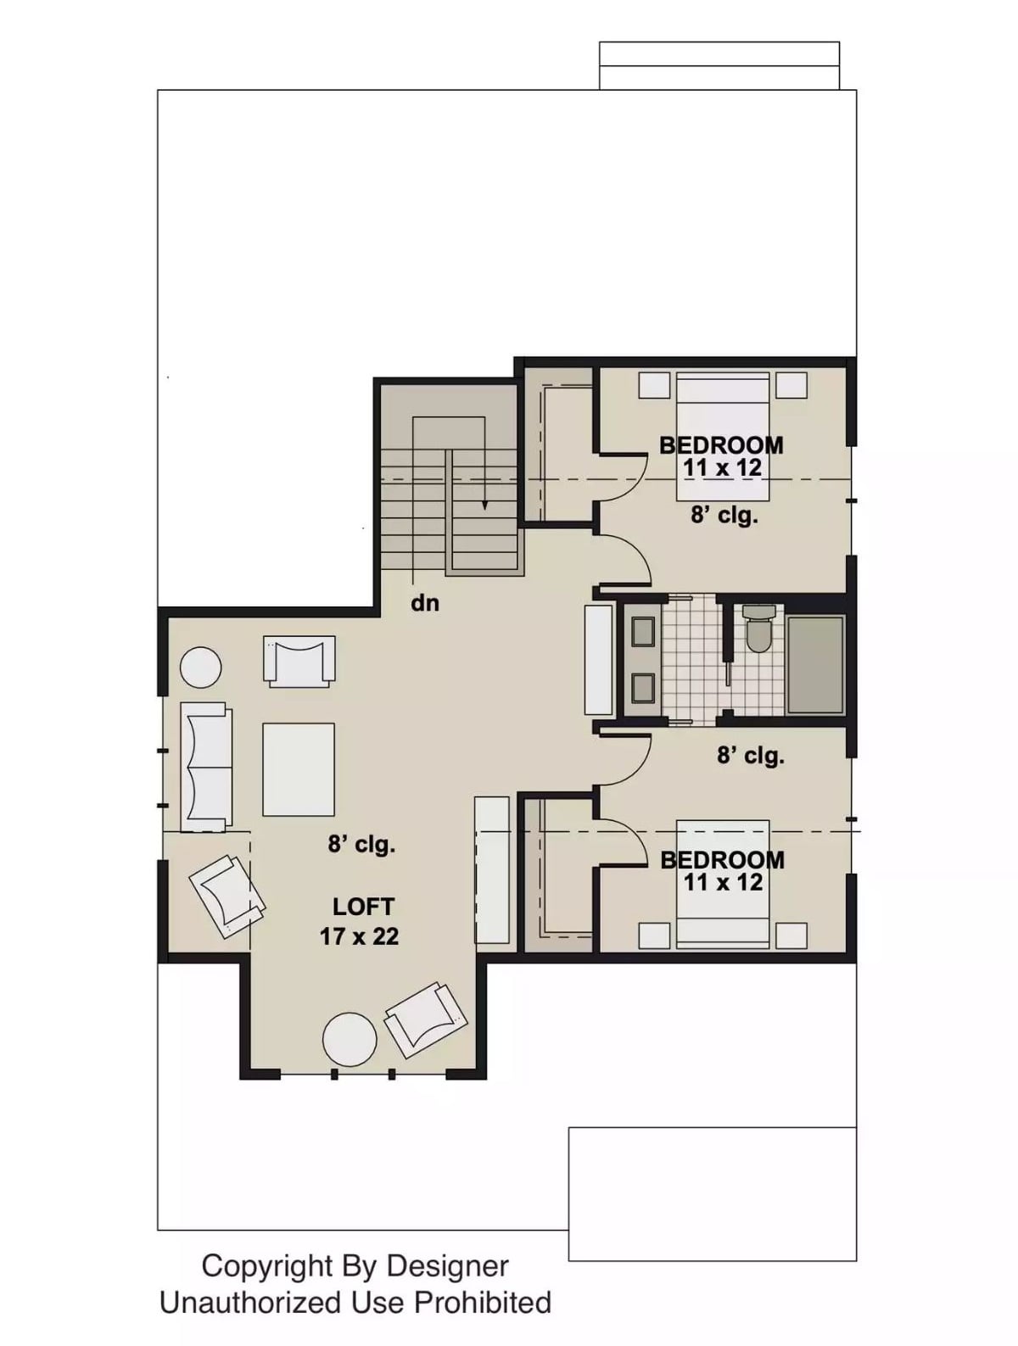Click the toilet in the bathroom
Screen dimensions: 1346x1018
point(758,629)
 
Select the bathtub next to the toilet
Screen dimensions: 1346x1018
point(815,665)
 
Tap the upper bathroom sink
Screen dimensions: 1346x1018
point(643,631)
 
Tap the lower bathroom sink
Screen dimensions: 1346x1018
point(643,687)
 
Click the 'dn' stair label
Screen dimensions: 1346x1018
point(425,603)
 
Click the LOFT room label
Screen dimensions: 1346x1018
point(363,907)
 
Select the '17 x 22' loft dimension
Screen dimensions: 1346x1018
point(359,936)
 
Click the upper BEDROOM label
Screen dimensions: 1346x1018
point(721,444)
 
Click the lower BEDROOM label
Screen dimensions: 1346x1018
point(722,859)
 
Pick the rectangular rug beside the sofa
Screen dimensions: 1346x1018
point(299,769)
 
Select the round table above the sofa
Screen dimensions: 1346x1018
point(201,667)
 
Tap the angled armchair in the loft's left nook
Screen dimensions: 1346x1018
point(226,895)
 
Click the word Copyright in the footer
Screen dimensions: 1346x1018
point(266,1266)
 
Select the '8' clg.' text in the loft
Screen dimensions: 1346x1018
point(361,844)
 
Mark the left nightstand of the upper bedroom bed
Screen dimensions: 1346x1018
point(654,385)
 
